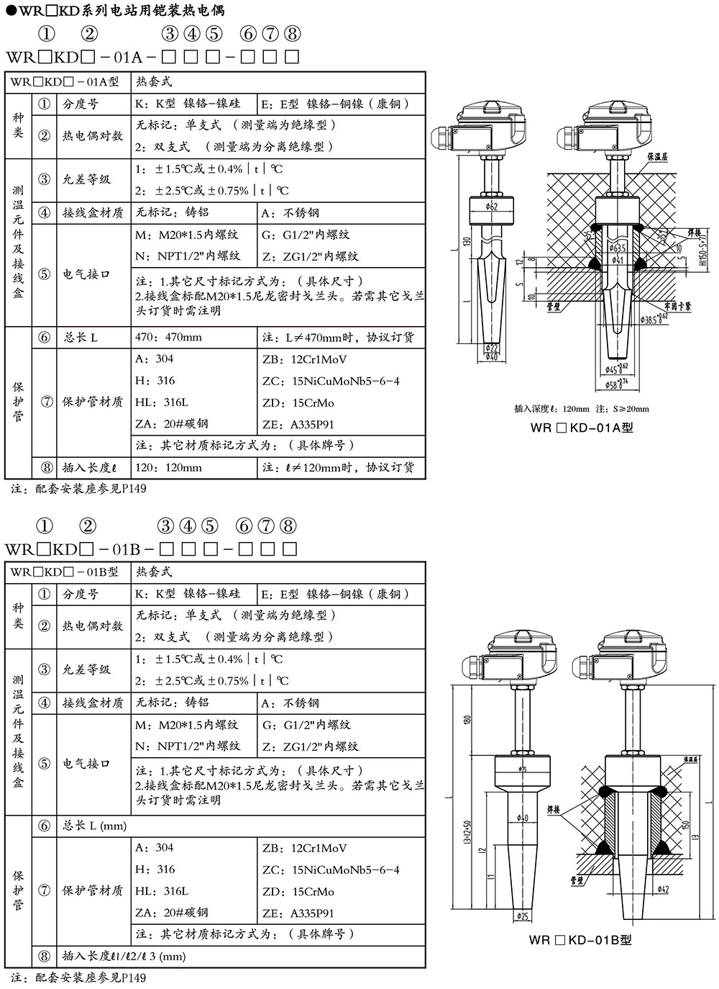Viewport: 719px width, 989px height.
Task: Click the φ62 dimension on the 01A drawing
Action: coord(492,207)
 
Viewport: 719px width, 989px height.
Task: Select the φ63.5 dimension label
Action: coord(617,248)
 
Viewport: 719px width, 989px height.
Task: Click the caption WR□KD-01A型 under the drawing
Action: coord(581,427)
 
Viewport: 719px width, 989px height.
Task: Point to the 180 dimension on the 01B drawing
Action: coord(468,721)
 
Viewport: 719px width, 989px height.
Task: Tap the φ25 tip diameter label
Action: coord(523,916)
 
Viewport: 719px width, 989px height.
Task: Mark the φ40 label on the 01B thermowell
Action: coord(523,818)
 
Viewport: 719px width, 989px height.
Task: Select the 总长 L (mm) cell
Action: coord(94,826)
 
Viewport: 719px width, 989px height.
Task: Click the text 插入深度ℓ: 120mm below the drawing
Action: coord(551,409)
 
